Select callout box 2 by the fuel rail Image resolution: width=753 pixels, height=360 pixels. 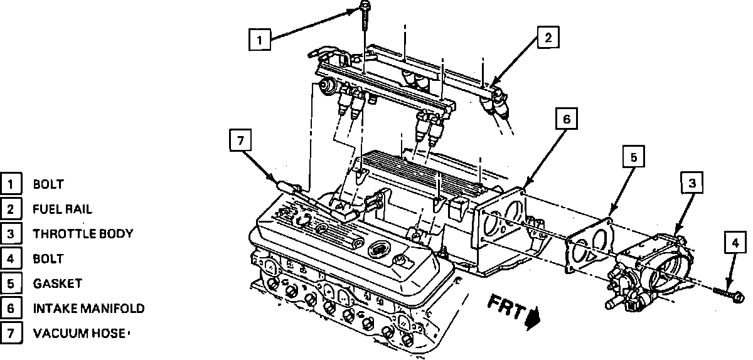coord(547,38)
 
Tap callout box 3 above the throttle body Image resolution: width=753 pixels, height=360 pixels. coord(692,183)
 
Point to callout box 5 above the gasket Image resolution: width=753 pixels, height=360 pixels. coord(633,157)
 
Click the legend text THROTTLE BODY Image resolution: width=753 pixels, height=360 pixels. coord(83,234)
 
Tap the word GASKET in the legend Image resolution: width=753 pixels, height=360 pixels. coord(57,283)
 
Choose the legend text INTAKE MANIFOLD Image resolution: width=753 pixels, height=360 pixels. coord(88,308)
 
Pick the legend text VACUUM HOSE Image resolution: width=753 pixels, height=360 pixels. coord(79,333)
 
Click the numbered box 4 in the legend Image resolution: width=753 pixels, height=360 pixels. coord(11,258)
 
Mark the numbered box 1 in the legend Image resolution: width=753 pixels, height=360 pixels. coord(11,184)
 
